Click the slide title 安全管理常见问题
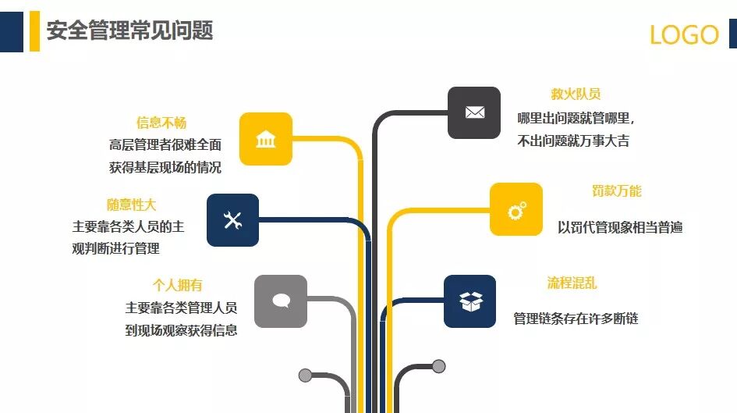pyautogui.click(x=129, y=30)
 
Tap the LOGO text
pyautogui.click(x=684, y=35)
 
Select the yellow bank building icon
pyautogui.click(x=266, y=139)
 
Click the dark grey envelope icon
pyautogui.click(x=474, y=112)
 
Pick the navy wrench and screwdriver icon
pyautogui.click(x=232, y=220)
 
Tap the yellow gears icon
pyautogui.click(x=516, y=209)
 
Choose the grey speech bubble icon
pyautogui.click(x=281, y=301)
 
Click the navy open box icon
pyautogui.click(x=470, y=301)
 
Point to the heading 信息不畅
pyautogui.click(x=161, y=123)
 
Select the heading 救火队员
pyautogui.click(x=576, y=94)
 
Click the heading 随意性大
pyautogui.click(x=132, y=205)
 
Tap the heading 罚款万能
pyautogui.click(x=617, y=191)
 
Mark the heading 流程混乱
pyautogui.click(x=572, y=283)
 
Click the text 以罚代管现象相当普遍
pyautogui.click(x=620, y=227)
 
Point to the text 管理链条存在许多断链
pyautogui.click(x=576, y=319)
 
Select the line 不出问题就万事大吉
pyautogui.click(x=573, y=141)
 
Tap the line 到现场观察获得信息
pyautogui.click(x=181, y=330)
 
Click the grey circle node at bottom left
pyautogui.click(x=305, y=376)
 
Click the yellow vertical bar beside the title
pyautogui.click(x=34, y=31)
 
